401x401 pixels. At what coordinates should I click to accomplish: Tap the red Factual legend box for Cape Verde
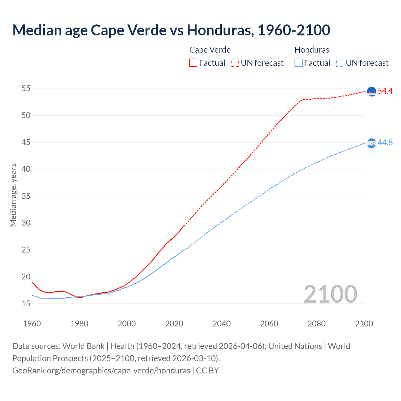193,63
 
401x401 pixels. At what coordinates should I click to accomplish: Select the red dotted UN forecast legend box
235,63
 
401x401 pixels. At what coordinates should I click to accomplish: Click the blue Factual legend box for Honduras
299,63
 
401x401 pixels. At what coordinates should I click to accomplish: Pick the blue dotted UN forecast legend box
340,63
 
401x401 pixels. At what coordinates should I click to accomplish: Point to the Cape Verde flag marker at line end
371,91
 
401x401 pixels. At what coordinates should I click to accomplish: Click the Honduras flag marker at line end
371,143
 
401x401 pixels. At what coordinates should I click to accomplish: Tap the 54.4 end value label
385,91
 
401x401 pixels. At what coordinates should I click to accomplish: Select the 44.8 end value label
385,143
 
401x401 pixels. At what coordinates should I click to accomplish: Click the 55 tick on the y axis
26,89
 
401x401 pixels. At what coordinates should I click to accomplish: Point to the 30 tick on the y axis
26,223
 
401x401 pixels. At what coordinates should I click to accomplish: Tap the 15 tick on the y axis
26,304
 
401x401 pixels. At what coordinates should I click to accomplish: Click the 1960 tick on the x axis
32,324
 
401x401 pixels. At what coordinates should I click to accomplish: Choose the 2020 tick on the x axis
174,324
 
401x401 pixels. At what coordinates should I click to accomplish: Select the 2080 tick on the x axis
316,324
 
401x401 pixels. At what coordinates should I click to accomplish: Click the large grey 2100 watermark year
330,294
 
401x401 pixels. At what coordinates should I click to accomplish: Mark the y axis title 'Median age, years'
13,195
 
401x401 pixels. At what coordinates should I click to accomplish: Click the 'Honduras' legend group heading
312,50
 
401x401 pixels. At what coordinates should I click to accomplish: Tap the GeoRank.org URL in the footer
101,371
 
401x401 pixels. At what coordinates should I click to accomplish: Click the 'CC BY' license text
207,371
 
